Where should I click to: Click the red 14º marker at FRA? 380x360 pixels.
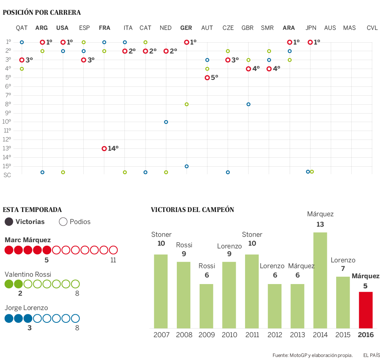[x=104, y=148]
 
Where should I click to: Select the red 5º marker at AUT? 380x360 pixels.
[x=207, y=78]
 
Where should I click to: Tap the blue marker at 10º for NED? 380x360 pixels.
[x=166, y=122]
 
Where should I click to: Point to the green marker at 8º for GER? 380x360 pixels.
[x=187, y=104]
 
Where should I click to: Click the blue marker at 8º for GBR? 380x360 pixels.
[x=248, y=104]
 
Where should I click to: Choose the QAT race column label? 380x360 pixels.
[x=22, y=28]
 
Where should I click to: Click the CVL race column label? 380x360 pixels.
[x=372, y=28]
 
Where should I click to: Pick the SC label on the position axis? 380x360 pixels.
[x=7, y=175]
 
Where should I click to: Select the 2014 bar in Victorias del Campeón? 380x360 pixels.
[x=320, y=280]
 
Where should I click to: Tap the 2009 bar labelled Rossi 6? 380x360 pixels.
[x=207, y=306]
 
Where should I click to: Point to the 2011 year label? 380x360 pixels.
[x=252, y=335]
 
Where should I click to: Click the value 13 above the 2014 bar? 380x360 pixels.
[x=320, y=224]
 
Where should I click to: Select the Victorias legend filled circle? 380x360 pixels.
[x=9, y=222]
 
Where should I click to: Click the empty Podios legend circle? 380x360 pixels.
[x=63, y=222]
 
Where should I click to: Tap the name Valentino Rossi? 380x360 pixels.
[x=28, y=274]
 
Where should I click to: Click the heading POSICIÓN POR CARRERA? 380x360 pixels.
[x=42, y=12]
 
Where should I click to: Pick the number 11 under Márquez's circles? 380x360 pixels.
[x=113, y=260]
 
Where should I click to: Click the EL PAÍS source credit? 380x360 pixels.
[x=371, y=355]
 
